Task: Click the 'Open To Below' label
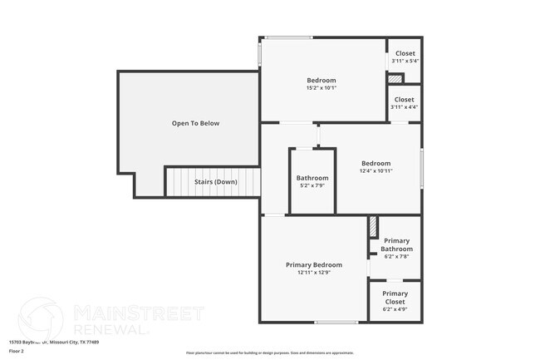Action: (195, 123)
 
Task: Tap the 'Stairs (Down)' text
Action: (215, 181)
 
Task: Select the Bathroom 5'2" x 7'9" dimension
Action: (312, 185)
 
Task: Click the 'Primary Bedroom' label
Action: (314, 264)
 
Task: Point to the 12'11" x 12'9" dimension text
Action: (314, 272)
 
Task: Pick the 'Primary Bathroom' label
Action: (396, 244)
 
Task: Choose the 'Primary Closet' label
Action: (395, 297)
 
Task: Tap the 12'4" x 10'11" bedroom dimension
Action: (376, 170)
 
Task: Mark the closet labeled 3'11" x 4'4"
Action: (405, 103)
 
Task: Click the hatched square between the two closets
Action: (396, 79)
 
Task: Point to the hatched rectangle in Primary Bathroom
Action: (374, 226)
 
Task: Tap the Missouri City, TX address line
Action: (54, 341)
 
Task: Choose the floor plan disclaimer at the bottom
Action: (269, 353)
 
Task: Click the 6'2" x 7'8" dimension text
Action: (396, 257)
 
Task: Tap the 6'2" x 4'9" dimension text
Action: (395, 309)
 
